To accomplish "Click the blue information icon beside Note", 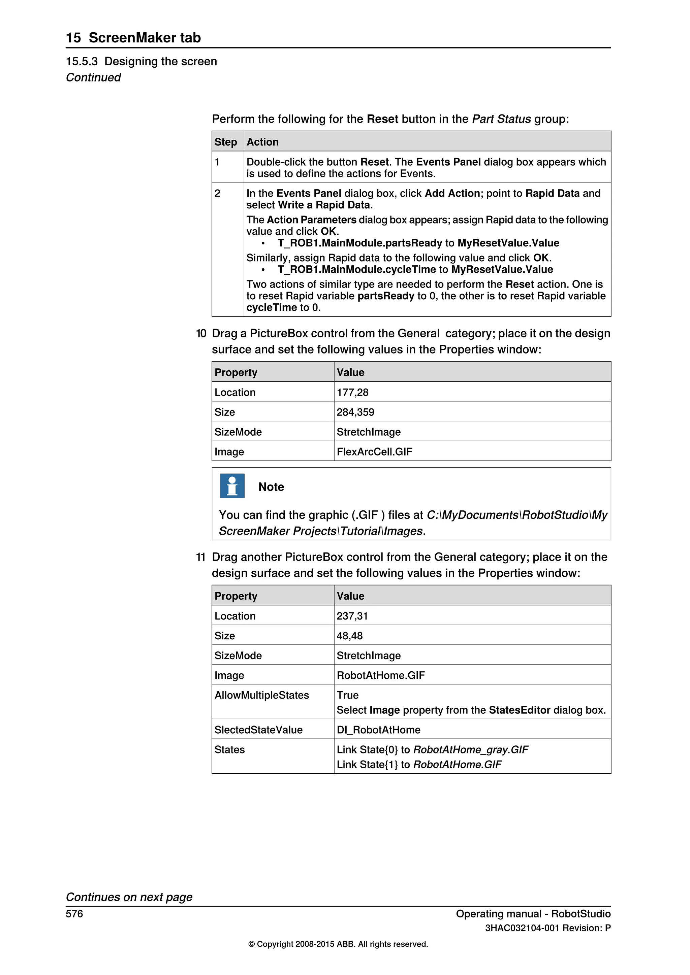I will [232, 486].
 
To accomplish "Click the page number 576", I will [74, 914].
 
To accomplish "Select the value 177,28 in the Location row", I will [352, 392].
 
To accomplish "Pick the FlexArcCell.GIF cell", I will [374, 452].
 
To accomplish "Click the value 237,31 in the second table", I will [352, 616].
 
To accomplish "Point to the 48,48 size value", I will [350, 636].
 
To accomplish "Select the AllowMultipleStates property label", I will [262, 695].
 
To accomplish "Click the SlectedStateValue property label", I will [258, 730].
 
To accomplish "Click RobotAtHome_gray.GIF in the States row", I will [471, 749].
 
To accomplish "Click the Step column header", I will [226, 142].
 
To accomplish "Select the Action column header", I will [262, 142].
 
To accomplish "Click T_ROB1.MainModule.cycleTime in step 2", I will [356, 270].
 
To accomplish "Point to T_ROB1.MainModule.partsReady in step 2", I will [360, 243].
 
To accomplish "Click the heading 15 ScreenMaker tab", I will [133, 37].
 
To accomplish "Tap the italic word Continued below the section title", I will [93, 77].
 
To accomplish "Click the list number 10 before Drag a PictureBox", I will [201, 333].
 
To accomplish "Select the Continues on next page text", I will [129, 897].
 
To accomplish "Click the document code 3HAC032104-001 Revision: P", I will [548, 928].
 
